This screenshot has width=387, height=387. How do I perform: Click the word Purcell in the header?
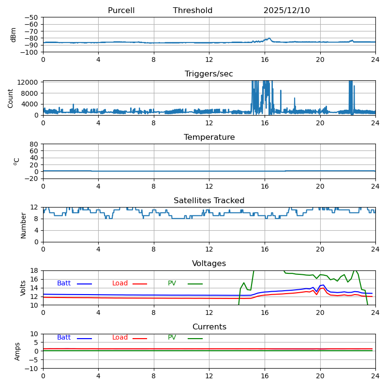point(121,11)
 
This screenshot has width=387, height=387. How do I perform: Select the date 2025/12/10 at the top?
point(286,11)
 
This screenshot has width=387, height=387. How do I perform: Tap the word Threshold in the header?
point(193,11)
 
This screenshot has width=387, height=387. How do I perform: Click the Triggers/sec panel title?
point(209,74)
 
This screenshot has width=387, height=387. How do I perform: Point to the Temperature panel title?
point(209,137)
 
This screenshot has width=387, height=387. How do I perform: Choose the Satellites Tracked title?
point(209,201)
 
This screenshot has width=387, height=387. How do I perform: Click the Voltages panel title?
point(209,264)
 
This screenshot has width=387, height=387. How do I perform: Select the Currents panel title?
point(209,327)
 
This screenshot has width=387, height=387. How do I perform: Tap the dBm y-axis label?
point(14,35)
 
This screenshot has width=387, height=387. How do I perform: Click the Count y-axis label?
point(11,98)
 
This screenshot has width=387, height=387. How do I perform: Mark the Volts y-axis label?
point(23,288)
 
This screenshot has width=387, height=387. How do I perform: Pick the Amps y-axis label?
point(17,351)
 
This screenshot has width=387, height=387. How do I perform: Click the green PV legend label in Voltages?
point(172,283)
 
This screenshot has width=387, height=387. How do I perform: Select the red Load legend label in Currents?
point(120,338)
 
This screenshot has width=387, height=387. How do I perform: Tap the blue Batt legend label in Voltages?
point(64,283)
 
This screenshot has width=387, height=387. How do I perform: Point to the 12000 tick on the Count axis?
point(29,83)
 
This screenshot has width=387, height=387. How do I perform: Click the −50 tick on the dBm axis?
point(31,17)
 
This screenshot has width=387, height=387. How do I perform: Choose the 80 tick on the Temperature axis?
point(34,144)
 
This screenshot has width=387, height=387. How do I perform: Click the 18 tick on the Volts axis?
point(34,271)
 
